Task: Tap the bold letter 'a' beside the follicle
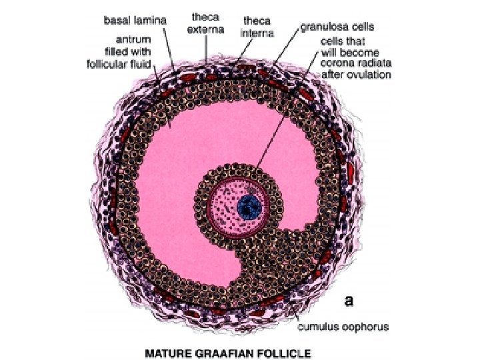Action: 348,301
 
